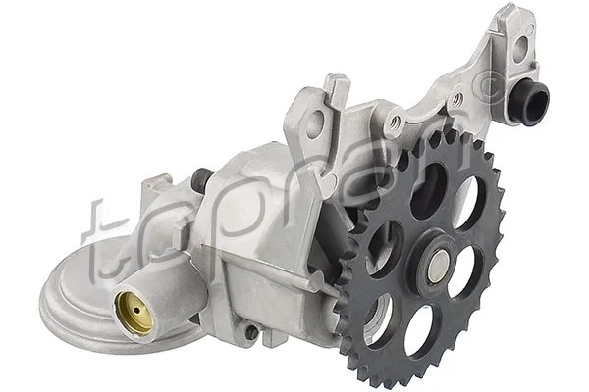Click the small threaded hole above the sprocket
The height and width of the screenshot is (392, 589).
point(395,122)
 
